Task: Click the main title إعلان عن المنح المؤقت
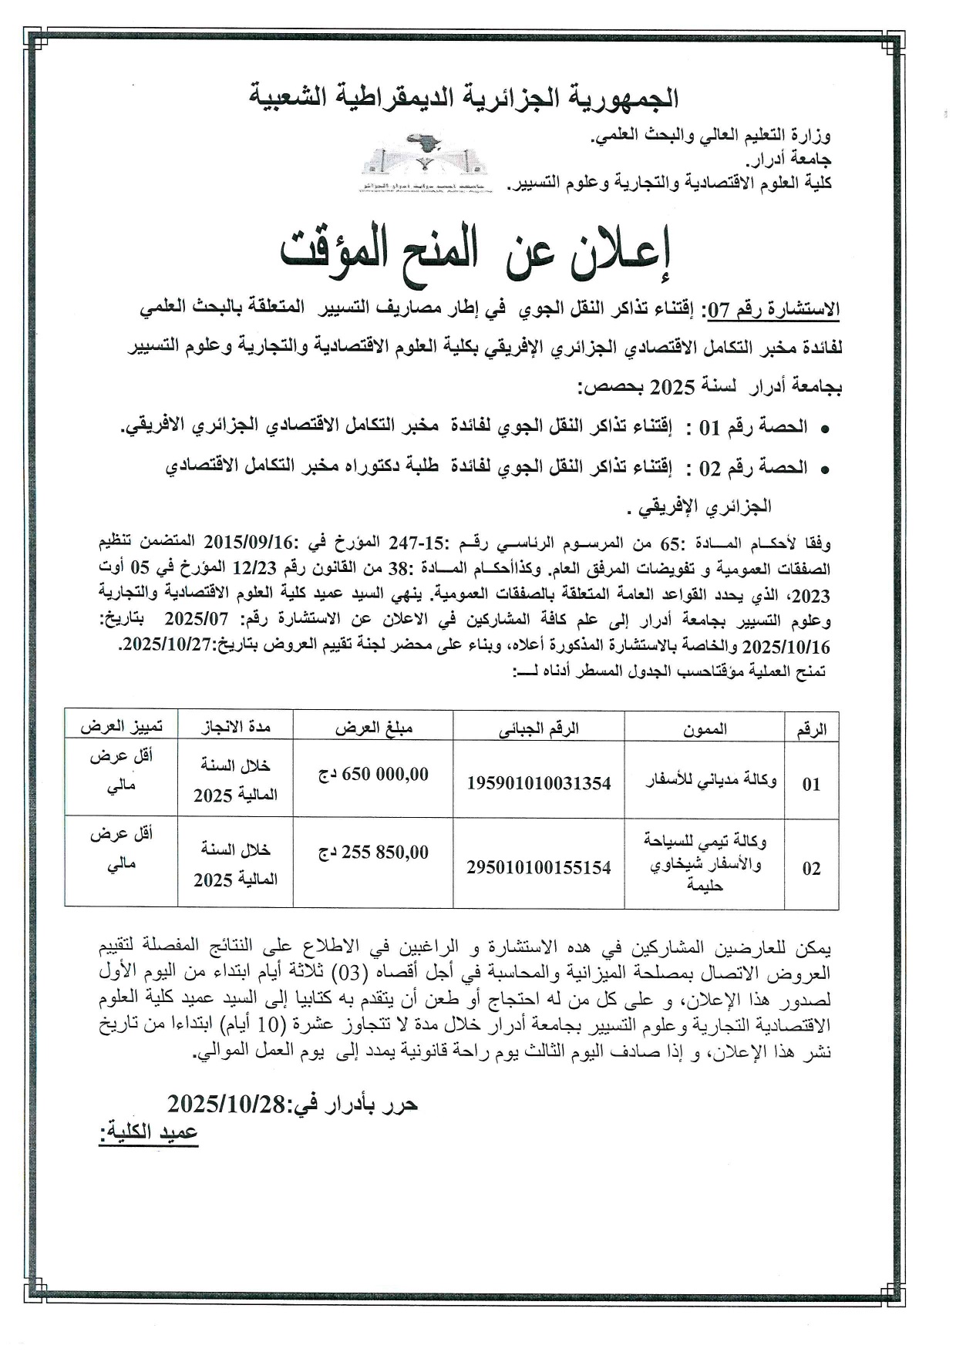point(476,254)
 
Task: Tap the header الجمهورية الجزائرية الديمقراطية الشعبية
point(464,98)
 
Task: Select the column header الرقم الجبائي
point(538,728)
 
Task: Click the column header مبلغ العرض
point(374,728)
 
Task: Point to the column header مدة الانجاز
point(236,727)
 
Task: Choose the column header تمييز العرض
point(121,727)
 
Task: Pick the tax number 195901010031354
point(538,783)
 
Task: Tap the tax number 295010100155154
point(538,867)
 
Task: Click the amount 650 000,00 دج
point(374,775)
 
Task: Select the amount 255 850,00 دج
point(374,853)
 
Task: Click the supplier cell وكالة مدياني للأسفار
point(711,781)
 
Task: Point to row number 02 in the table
point(811,868)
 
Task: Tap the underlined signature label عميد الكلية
point(148,1133)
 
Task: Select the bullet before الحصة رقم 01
point(825,429)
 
